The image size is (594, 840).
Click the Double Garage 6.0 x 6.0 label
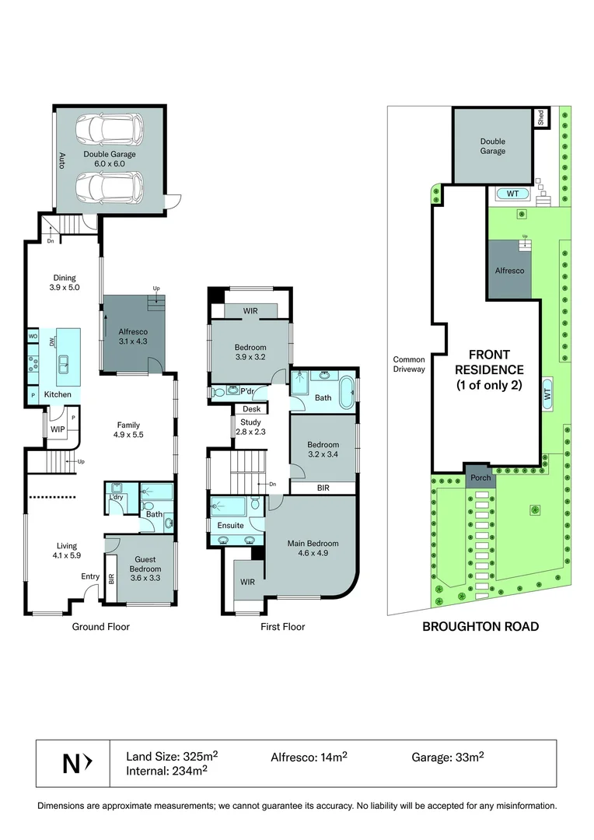click(110, 159)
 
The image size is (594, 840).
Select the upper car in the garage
click(110, 130)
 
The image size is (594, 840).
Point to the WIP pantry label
click(57, 429)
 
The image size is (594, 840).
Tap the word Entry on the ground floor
click(91, 576)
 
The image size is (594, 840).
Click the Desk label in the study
click(250, 409)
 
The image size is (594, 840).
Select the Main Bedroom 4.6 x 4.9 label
click(312, 549)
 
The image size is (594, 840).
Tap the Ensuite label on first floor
click(230, 526)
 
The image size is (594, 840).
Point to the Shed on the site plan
click(540, 117)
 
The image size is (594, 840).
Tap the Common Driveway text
click(409, 364)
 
